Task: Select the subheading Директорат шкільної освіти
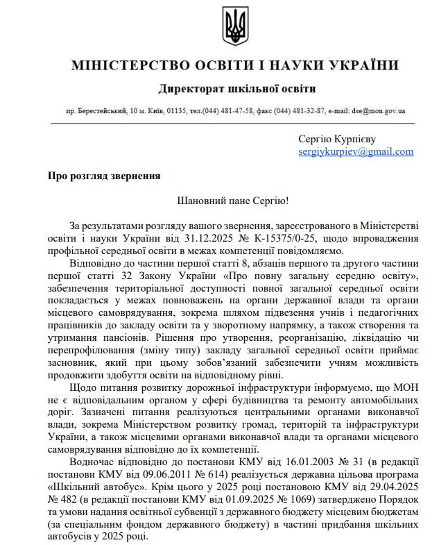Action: tap(236, 89)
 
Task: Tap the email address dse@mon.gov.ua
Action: tap(379, 110)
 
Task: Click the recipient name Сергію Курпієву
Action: tap(337, 139)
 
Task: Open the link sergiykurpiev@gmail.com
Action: tap(356, 151)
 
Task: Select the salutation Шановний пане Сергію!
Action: tap(233, 201)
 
